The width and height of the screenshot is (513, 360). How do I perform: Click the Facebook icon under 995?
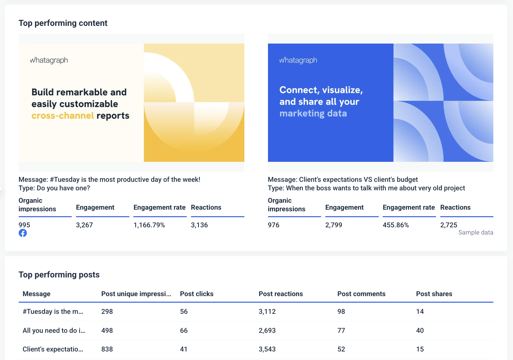[23, 233]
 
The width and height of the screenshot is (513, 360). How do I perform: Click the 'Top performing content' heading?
[63, 23]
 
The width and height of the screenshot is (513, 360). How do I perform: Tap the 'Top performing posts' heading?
[59, 275]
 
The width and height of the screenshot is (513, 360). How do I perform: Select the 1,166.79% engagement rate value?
[149, 225]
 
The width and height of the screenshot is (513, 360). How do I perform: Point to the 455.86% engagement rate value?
[396, 225]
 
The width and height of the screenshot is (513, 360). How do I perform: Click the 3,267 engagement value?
[85, 225]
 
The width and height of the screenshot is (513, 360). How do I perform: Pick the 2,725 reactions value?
[449, 225]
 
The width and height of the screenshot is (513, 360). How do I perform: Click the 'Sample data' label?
[476, 233]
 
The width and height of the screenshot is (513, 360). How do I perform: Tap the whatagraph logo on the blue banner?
[298, 60]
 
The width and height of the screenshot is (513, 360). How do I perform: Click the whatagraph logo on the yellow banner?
[49, 60]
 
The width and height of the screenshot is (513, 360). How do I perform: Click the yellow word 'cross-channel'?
[63, 116]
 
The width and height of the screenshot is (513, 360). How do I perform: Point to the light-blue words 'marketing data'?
[313, 114]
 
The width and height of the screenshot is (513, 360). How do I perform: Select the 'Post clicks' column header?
[197, 294]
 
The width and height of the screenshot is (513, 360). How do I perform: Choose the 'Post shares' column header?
[434, 294]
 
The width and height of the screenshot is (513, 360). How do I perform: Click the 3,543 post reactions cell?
[267, 349]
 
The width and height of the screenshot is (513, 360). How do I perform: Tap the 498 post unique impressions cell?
[107, 331]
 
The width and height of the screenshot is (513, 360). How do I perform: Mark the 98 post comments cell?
[341, 312]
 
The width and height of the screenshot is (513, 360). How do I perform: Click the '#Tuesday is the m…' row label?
[53, 312]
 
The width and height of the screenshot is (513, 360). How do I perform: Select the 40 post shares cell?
[420, 331]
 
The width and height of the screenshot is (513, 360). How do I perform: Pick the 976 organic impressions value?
[274, 225]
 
